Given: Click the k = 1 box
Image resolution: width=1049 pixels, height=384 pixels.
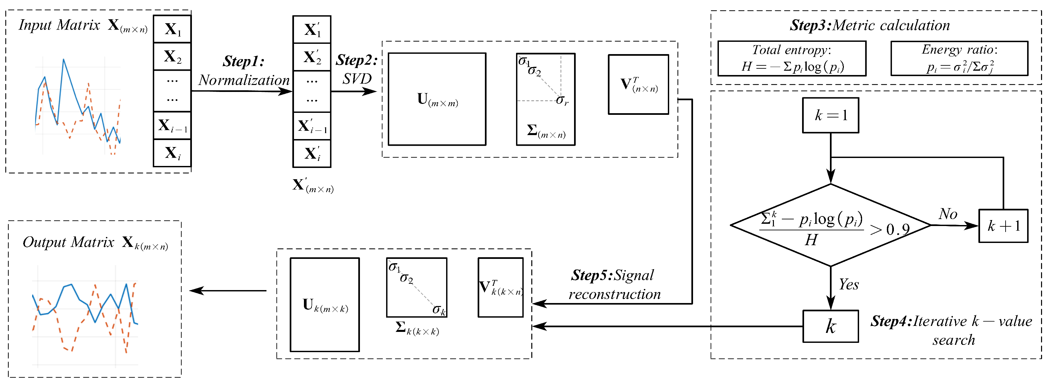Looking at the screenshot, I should tap(830, 115).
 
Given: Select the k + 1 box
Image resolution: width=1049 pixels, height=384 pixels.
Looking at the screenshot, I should tap(1003, 226).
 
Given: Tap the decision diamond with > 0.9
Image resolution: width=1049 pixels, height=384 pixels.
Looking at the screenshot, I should tap(830, 225).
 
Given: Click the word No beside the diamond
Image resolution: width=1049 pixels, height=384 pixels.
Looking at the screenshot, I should tap(948, 214).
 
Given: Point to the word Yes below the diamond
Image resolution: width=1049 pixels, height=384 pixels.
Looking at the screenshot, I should tap(849, 284).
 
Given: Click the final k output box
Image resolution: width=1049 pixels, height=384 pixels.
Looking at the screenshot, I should tap(830, 326).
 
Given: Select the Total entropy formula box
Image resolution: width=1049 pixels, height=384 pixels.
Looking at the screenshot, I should tap(791, 58).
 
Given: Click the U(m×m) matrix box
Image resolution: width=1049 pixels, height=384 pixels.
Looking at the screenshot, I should tap(437, 99).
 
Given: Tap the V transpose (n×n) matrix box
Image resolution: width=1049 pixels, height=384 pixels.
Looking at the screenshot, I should tap(638, 84).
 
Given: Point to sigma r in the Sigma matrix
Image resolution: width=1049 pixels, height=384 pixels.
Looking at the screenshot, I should tap(562, 100).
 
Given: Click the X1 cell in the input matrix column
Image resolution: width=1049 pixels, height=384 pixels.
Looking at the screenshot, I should tap(172, 29).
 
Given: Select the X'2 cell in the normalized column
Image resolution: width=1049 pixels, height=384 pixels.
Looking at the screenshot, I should tap(312, 57).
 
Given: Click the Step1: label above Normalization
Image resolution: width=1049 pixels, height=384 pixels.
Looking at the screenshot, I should tap(244, 61).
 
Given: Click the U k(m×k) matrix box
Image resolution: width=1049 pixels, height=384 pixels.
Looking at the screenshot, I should tap(324, 304).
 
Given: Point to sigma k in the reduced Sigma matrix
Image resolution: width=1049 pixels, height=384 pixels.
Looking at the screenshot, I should tap(438, 310).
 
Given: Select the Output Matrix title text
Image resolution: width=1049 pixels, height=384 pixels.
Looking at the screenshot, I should tap(68, 242).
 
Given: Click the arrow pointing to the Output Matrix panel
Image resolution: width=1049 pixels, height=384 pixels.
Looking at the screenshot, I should tap(228, 291).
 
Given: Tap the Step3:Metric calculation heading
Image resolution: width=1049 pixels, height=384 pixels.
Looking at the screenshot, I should tap(869, 25).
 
